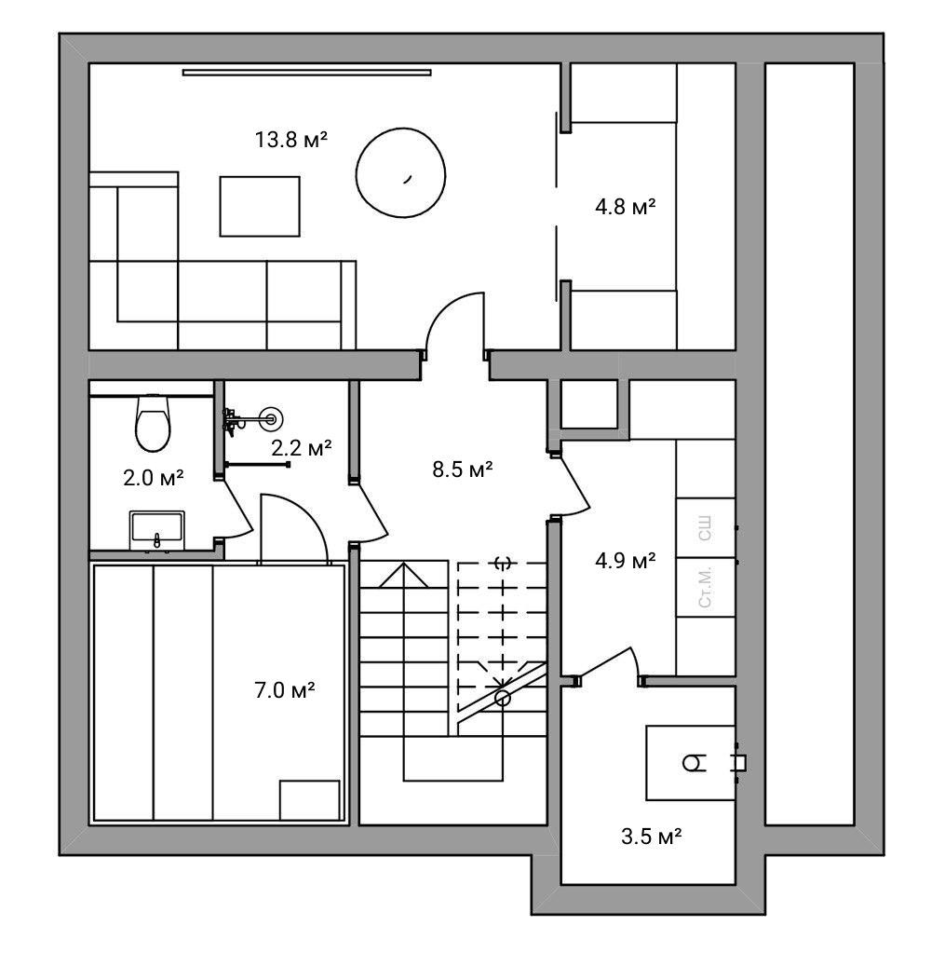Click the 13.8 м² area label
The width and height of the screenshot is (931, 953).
pyautogui.click(x=290, y=140)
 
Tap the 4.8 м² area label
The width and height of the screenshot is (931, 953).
pyautogui.click(x=625, y=207)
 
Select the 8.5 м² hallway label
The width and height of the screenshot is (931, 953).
pyautogui.click(x=462, y=470)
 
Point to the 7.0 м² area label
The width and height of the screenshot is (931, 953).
pyautogui.click(x=284, y=690)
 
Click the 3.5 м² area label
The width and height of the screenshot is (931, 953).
pyautogui.click(x=651, y=837)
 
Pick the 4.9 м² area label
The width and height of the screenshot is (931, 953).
pyautogui.click(x=625, y=560)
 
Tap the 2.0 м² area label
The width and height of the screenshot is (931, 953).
pyautogui.click(x=153, y=478)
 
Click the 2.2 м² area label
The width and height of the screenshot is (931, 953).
pyautogui.click(x=302, y=448)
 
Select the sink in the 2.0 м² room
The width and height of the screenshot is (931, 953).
pyautogui.click(x=156, y=531)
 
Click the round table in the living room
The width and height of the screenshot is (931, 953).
pyautogui.click(x=401, y=172)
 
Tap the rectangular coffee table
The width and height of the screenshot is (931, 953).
pyautogui.click(x=260, y=206)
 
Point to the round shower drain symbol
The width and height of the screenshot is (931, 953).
pyautogui.click(x=271, y=419)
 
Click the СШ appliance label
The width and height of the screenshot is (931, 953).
pyautogui.click(x=705, y=528)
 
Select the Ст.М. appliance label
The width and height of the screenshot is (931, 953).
pyautogui.click(x=705, y=587)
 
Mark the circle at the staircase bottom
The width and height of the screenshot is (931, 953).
pyautogui.click(x=502, y=699)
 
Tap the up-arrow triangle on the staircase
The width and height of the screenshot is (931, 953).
pyautogui.click(x=404, y=575)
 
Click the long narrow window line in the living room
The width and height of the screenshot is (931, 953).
pyautogui.click(x=306, y=73)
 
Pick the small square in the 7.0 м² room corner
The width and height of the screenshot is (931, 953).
pyautogui.click(x=309, y=800)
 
